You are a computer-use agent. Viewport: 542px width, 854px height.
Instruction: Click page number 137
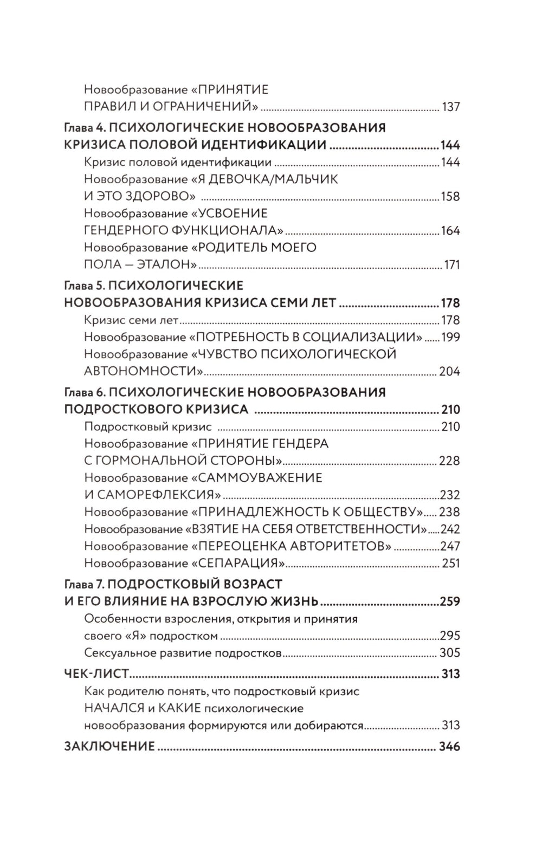451,107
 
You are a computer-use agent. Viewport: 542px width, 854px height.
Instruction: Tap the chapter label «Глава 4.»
83,128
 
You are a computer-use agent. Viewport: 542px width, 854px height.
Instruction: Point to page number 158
451,196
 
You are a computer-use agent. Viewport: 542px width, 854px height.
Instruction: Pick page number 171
451,265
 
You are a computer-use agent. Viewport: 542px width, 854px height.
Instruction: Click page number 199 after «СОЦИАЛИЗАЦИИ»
451,337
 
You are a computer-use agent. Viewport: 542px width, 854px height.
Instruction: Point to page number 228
450,461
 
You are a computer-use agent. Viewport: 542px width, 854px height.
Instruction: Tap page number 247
450,546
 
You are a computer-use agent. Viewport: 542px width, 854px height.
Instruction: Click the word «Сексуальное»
118,653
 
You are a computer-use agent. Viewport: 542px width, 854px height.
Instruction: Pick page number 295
450,636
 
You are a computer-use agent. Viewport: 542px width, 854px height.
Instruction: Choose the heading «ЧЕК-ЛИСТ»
96,674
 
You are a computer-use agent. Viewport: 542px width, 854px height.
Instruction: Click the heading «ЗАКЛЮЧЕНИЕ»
109,747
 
